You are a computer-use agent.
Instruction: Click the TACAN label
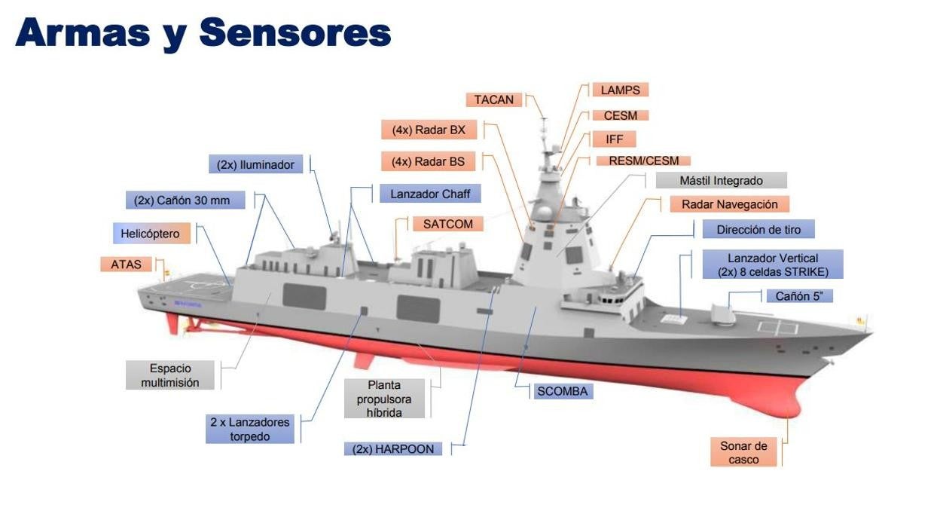coord(493,99)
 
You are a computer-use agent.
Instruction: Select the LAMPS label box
coord(620,90)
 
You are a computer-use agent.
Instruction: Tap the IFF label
coord(614,139)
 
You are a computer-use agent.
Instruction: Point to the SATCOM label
coord(447,224)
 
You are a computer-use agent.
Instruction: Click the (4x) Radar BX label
coord(429,130)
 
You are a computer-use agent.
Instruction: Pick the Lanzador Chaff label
coord(429,194)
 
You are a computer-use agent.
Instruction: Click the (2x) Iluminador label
coord(255,164)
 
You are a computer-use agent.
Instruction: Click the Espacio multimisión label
coord(170,375)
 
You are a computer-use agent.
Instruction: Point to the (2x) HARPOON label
coord(393,449)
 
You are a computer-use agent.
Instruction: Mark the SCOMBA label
coord(561,391)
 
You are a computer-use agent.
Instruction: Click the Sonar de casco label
coord(743,452)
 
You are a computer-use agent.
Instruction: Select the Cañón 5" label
coord(799,295)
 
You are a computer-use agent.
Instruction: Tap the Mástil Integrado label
coord(721,180)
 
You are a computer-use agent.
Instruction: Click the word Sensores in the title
coord(295,34)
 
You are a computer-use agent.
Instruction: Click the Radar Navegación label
coord(729,204)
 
